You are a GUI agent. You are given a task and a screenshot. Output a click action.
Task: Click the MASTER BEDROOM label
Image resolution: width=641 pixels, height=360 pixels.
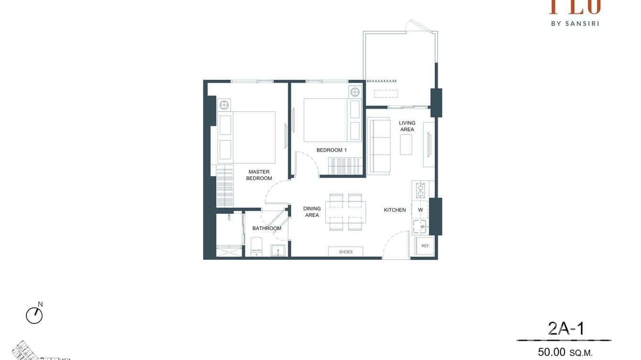click(x=259, y=175)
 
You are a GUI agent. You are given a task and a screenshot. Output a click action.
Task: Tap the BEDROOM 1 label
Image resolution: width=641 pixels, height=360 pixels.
click(x=331, y=150)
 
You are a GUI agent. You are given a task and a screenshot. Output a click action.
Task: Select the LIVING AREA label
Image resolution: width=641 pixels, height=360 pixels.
click(x=407, y=126)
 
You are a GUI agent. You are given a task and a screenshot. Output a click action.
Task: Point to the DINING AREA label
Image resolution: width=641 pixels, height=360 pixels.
click(x=312, y=212)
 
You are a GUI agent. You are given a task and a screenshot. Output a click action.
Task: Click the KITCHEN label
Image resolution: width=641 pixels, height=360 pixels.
click(x=395, y=210)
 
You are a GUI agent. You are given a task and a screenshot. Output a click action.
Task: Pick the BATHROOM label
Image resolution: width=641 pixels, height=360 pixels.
click(x=267, y=228)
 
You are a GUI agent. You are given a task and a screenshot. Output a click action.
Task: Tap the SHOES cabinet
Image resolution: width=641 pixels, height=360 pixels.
click(x=345, y=252)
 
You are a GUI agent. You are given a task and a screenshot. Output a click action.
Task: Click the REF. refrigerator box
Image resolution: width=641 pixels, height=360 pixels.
click(x=425, y=246)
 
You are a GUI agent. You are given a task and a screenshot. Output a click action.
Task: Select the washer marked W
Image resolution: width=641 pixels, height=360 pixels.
click(x=420, y=210)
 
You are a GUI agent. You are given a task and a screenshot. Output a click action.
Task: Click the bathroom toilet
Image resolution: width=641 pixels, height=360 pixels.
click(x=256, y=246)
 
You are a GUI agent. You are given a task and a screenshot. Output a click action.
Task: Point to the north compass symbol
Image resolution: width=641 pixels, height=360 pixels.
click(x=34, y=315)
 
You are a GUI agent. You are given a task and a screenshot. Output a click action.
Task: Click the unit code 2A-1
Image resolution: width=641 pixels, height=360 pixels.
click(x=566, y=329)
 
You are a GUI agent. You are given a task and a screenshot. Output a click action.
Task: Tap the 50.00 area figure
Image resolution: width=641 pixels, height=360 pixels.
click(x=552, y=352)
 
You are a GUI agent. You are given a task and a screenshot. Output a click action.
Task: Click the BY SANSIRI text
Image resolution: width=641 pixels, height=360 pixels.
click(x=575, y=23)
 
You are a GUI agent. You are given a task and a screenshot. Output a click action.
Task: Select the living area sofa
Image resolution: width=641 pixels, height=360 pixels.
click(x=379, y=146)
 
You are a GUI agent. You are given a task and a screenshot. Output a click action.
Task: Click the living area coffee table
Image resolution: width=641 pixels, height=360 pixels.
click(x=406, y=144)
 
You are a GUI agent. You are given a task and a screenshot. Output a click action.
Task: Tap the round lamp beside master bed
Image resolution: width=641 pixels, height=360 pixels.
click(x=224, y=105)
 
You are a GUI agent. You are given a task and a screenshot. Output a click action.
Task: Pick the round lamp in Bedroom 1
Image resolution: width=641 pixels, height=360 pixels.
click(x=355, y=92)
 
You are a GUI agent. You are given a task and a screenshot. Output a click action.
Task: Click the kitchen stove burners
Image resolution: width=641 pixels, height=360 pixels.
click(x=420, y=190)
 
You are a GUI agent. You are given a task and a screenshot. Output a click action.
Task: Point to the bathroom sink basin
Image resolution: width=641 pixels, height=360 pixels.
click(x=278, y=250)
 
